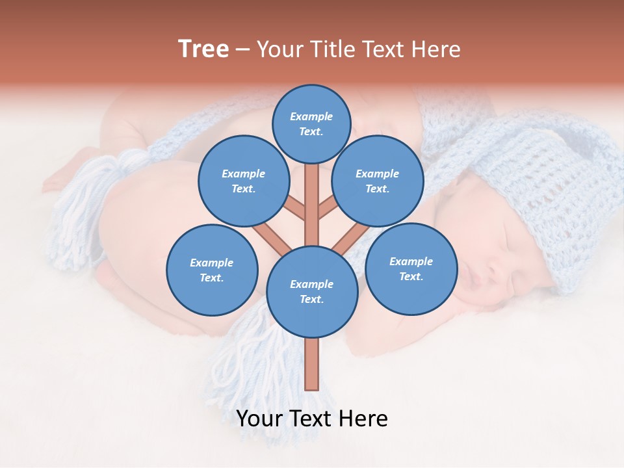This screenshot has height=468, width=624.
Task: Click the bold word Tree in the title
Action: tap(203, 49)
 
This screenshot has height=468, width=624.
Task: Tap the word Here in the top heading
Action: tap(434, 49)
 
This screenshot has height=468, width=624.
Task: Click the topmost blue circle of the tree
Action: tap(311, 123)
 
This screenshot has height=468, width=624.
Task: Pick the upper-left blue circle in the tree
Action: tap(243, 181)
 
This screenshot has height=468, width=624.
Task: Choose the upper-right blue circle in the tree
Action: tap(378, 181)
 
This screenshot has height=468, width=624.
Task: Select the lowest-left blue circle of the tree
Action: tap(212, 270)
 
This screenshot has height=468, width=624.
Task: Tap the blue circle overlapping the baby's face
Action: tap(411, 268)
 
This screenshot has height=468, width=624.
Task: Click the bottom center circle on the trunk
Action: tap(312, 291)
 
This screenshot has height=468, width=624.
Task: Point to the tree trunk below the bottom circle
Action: tap(312, 364)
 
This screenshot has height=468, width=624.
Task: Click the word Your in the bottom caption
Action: tap(261, 419)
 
